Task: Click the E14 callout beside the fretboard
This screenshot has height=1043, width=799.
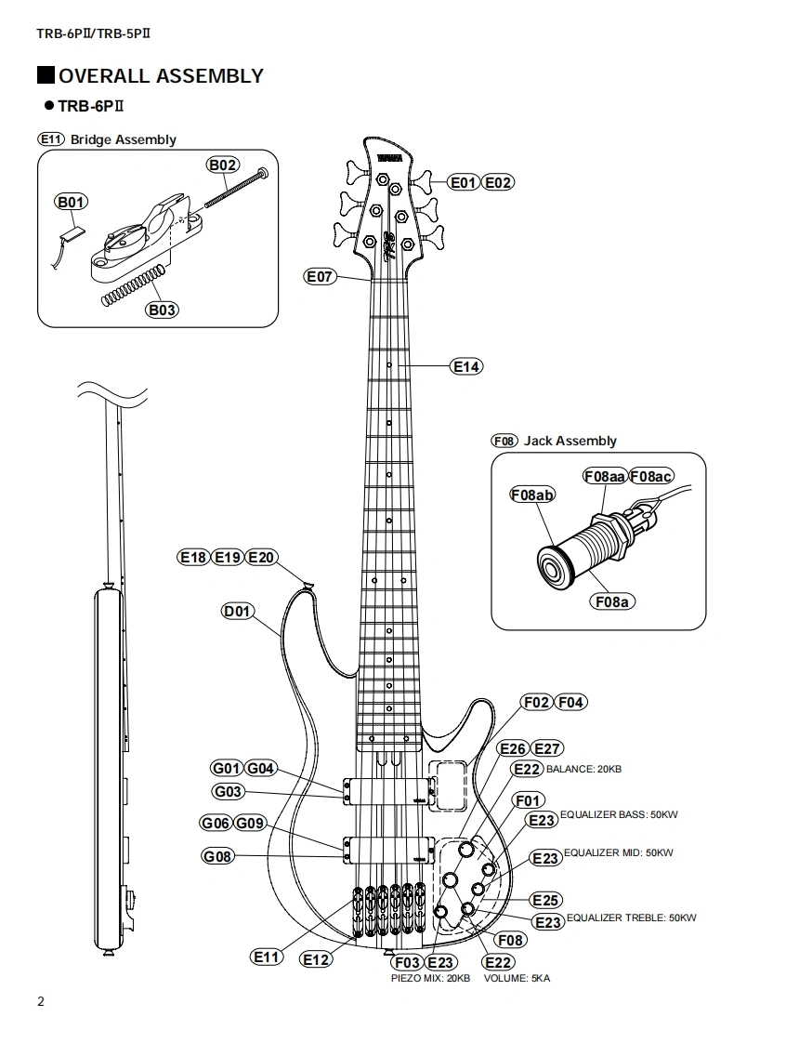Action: coord(466,366)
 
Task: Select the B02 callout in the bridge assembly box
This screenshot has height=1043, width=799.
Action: coord(223,165)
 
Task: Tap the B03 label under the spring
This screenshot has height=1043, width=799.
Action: coord(162,310)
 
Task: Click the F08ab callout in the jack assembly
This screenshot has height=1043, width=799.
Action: coord(531,495)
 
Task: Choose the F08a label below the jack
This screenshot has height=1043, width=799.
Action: coord(610,601)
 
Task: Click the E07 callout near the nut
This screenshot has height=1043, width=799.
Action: coord(320,276)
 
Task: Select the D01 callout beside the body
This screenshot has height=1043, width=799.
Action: coord(237,611)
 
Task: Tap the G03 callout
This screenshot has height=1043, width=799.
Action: coord(228,792)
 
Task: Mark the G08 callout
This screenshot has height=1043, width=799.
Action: coord(217,856)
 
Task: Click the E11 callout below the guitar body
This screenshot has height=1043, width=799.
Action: coord(267,957)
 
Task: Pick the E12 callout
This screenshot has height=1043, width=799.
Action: coord(316,959)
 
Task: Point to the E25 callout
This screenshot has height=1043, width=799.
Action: coord(545,900)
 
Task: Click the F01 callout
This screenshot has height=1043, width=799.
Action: coord(528,800)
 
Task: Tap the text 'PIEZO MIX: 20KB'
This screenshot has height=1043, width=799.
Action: coord(430,978)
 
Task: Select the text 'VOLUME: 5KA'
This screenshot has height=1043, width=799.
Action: coord(517,978)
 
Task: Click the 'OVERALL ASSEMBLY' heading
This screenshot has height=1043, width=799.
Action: coord(161,76)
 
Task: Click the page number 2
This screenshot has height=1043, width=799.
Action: coord(40,1002)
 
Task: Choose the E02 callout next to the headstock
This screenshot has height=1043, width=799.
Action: coord(498,182)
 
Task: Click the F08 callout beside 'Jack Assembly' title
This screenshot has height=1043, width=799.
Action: coord(504,441)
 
